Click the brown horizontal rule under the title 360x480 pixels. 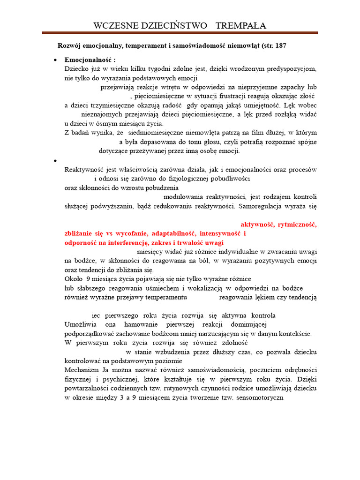(x=180, y=33)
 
